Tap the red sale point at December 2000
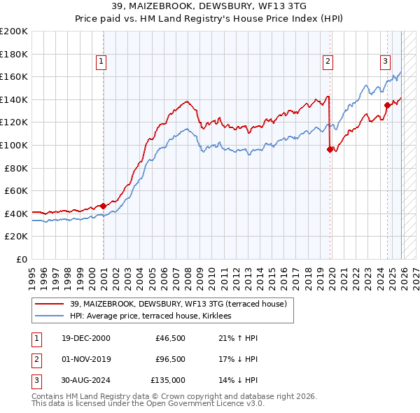pyautogui.click(x=104, y=206)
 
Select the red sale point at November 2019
pyautogui.click(x=330, y=148)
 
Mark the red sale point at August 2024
pyautogui.click(x=387, y=105)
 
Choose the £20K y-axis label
pyautogui.click(x=17, y=237)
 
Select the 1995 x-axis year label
pyautogui.click(x=32, y=274)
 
